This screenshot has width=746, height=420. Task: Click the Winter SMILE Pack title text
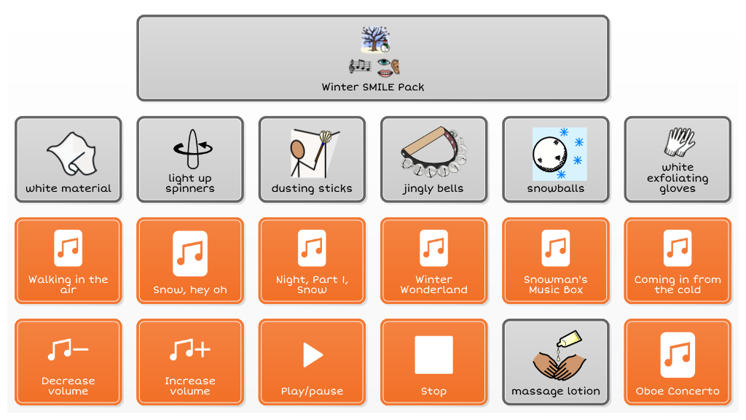coord(373,87)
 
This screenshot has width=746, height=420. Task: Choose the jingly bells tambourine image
coord(433,153)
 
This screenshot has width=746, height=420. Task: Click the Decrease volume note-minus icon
coord(68,351)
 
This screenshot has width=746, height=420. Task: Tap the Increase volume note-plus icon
coord(189,351)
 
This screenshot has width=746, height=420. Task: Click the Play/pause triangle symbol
coord(313,355)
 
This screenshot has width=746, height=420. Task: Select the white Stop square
coord(433,355)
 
